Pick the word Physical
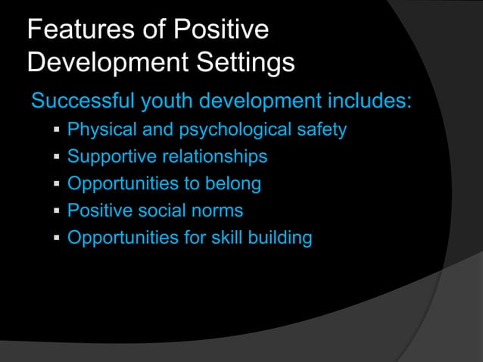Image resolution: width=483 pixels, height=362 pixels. (97, 130)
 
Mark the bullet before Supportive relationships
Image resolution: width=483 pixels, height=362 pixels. (56, 158)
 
